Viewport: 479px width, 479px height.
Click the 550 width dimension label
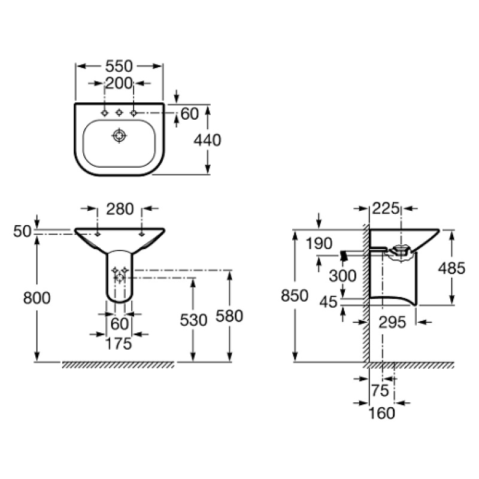[x=119, y=66]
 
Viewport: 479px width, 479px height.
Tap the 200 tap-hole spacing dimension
[x=119, y=83]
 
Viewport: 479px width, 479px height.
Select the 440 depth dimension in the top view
[x=207, y=140]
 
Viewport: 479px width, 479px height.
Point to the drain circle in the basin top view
[x=119, y=136]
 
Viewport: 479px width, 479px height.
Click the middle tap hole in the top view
[x=119, y=113]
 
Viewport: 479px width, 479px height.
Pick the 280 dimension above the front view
[x=120, y=209]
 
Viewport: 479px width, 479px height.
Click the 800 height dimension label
[x=37, y=298]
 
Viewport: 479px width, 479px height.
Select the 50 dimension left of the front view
[x=22, y=232]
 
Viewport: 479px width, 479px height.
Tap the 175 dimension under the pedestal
[x=119, y=344]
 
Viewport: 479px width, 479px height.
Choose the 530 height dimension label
[x=193, y=320]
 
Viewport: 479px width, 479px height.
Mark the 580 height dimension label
[x=229, y=316]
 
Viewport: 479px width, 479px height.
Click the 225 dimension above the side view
[x=386, y=208]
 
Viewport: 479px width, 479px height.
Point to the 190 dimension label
[x=319, y=244]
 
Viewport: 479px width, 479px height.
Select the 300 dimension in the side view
[x=342, y=276]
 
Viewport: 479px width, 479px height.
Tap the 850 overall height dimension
[x=295, y=296]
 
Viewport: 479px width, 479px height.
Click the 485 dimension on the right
[x=451, y=268]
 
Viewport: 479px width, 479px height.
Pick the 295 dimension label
[x=392, y=322]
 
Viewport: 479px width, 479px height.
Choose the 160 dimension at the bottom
[x=382, y=413]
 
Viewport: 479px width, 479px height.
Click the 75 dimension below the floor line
[x=380, y=390]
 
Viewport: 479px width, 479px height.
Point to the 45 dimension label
[x=328, y=302]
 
